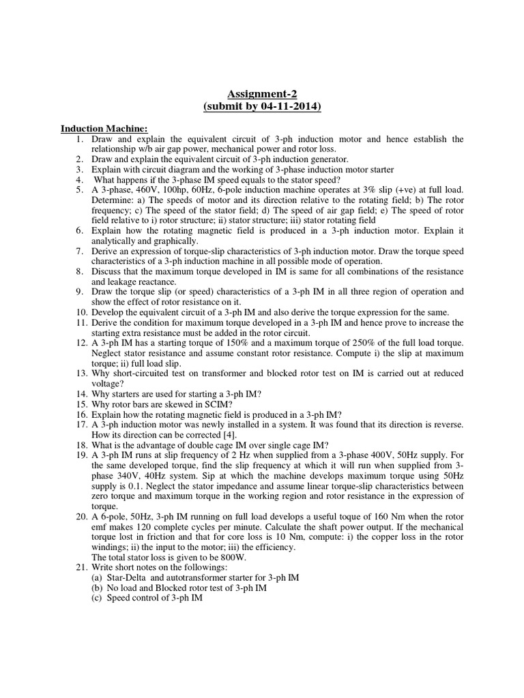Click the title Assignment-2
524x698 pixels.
[261, 93]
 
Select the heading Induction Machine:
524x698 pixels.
[104, 128]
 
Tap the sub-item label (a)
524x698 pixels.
[96, 577]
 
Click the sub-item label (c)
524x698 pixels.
[96, 598]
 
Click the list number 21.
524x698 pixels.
[81, 566]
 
